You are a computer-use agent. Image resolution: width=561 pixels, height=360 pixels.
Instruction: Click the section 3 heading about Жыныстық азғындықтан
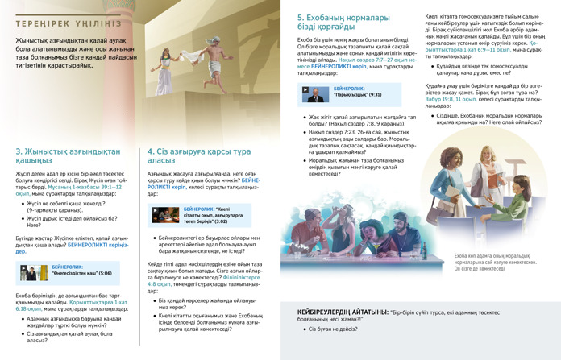pyautogui.click(x=67, y=155)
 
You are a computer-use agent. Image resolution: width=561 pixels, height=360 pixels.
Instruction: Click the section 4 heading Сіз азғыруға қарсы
pyautogui.click(x=192, y=155)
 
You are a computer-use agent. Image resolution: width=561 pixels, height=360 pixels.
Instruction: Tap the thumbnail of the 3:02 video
pyautogui.click(x=164, y=217)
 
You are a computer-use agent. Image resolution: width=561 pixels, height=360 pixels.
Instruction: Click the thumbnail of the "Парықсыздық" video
pyautogui.click(x=312, y=94)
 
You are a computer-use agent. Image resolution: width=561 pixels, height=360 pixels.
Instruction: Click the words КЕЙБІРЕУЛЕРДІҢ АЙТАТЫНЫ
pyautogui.click(x=341, y=311)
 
